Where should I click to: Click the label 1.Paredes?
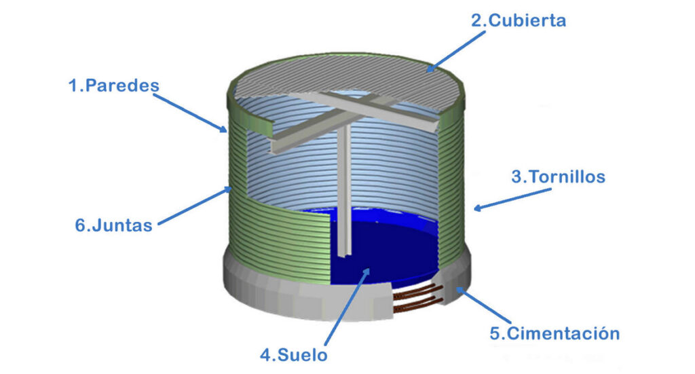click(x=113, y=86)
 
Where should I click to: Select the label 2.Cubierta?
click(x=519, y=20)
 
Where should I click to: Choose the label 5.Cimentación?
click(x=555, y=333)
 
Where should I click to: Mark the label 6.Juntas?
click(x=114, y=225)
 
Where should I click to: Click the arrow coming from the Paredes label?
click(x=190, y=112)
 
